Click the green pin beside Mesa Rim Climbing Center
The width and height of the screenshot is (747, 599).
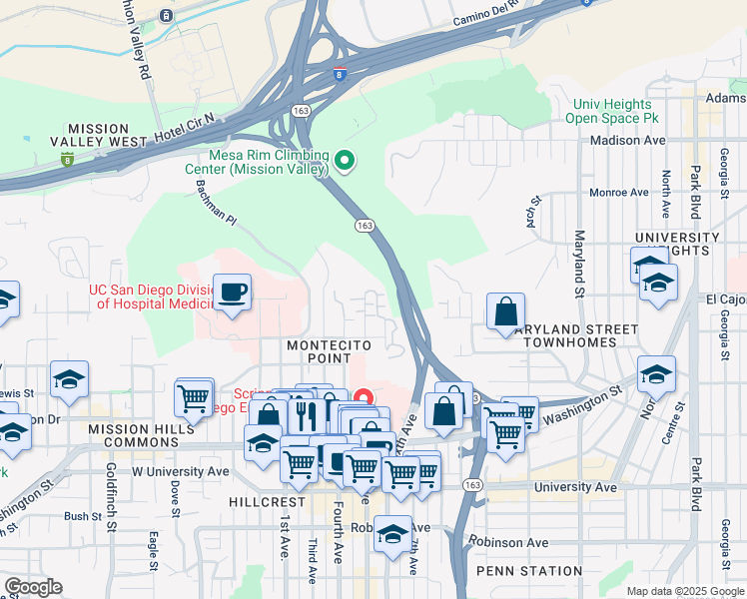click(x=346, y=160)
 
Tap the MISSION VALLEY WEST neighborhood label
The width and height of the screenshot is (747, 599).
click(x=98, y=136)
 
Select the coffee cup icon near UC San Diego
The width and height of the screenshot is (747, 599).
click(x=232, y=293)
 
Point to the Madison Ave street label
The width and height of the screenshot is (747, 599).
click(x=627, y=141)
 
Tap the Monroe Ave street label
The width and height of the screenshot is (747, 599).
click(x=619, y=192)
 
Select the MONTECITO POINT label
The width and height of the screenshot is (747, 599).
click(x=319, y=350)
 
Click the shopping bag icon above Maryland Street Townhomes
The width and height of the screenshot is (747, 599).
click(x=505, y=311)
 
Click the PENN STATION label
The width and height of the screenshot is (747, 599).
click(x=528, y=571)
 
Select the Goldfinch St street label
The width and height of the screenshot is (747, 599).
click(x=112, y=496)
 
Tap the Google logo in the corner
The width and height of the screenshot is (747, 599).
click(x=34, y=586)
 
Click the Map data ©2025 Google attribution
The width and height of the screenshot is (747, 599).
click(x=684, y=591)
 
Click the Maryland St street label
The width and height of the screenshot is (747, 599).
click(x=579, y=265)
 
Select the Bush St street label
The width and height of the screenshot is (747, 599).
click(x=78, y=516)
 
